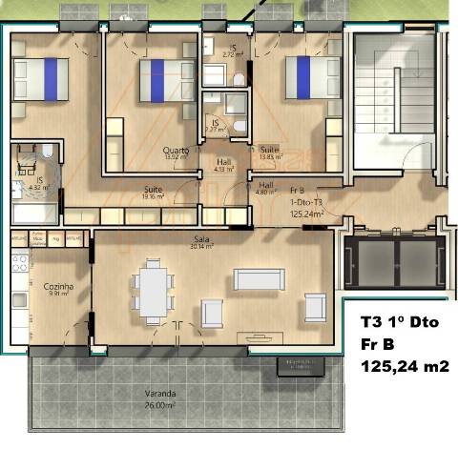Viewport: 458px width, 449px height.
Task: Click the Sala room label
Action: pyautogui.click(x=201, y=239)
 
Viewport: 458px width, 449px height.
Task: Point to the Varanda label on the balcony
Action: pyautogui.click(x=159, y=393)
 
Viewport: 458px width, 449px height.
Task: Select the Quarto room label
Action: pyautogui.click(x=176, y=150)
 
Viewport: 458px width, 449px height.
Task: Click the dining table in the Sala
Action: pyautogui.click(x=153, y=288)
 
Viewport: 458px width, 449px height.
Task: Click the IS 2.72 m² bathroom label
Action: pyautogui.click(x=232, y=51)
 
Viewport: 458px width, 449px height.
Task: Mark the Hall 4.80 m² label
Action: pyautogui.click(x=266, y=188)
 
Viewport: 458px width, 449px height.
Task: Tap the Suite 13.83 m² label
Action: pyautogui.click(x=270, y=153)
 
